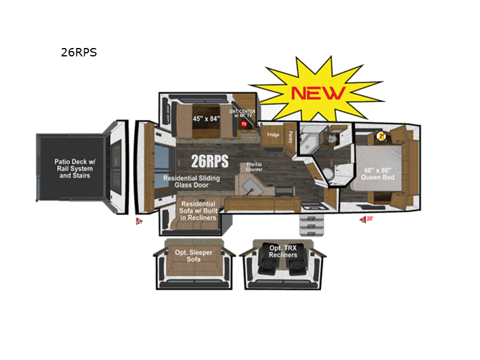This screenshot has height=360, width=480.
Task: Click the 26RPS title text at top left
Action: pos(79,52)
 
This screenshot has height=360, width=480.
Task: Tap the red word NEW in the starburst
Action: pos(318,92)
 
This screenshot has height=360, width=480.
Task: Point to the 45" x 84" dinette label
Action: pos(206,118)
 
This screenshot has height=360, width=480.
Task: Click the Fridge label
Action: pos(274,136)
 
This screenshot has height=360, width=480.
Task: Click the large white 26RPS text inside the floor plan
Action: pos(209,161)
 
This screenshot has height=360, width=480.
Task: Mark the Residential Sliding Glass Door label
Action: pos(191,182)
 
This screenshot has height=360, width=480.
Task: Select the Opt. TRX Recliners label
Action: pos(283,251)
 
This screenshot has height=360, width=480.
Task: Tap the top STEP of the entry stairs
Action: pos(311,218)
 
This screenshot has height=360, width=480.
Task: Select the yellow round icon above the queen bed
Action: pos(380,135)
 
